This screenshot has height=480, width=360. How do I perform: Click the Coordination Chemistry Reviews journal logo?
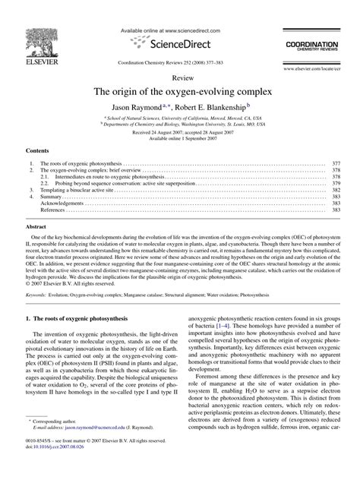coord(311,47)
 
